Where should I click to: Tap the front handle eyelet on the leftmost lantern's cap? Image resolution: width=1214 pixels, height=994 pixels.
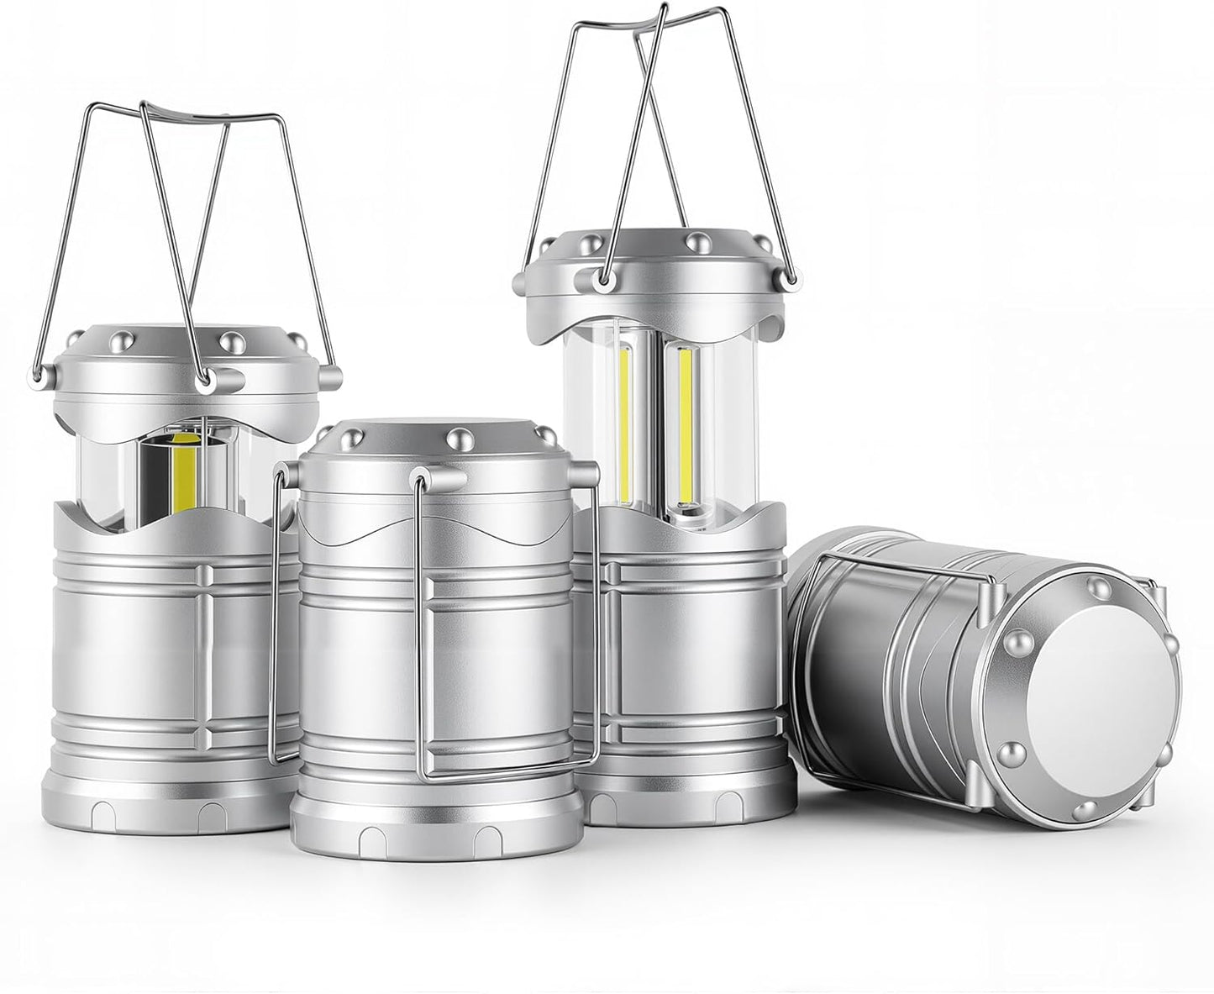(x=202, y=381)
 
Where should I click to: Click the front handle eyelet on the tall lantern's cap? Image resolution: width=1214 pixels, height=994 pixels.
(x=602, y=278)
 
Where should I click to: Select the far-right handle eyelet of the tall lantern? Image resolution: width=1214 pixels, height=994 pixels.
(x=789, y=276)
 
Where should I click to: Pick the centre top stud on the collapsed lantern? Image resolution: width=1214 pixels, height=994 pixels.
(x=458, y=437)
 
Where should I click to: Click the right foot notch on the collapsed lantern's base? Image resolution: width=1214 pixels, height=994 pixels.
(x=486, y=839)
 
